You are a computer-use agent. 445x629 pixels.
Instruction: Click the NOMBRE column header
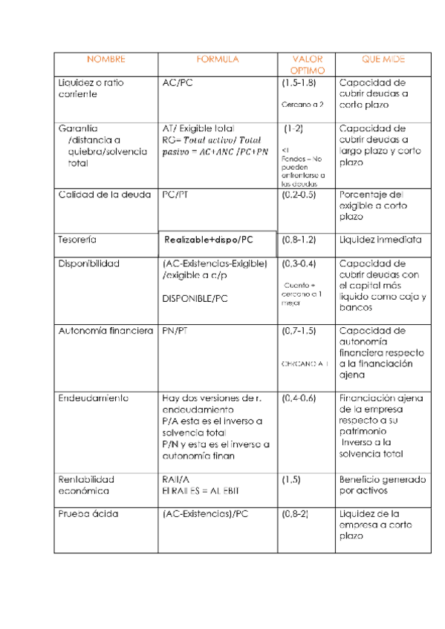[105, 59]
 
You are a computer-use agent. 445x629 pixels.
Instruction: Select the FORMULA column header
[217, 59]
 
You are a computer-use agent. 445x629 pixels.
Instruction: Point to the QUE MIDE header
[383, 59]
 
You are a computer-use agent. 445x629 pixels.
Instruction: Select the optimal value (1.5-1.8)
[299, 83]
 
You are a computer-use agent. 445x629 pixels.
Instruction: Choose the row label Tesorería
[77, 240]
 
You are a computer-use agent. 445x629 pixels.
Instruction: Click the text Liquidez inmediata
[380, 240]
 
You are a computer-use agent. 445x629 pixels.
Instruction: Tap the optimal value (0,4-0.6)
[299, 398]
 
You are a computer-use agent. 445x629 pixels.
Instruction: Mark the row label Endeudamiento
[93, 398]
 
